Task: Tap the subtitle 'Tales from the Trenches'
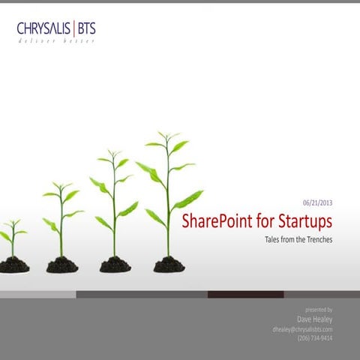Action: tap(298, 240)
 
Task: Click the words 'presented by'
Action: tap(319, 308)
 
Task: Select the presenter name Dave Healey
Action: tap(315, 318)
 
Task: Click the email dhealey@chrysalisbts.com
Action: tap(302, 328)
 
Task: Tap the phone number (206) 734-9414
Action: tap(315, 338)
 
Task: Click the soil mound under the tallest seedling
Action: tap(169, 265)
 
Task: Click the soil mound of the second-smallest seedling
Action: tap(61, 265)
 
